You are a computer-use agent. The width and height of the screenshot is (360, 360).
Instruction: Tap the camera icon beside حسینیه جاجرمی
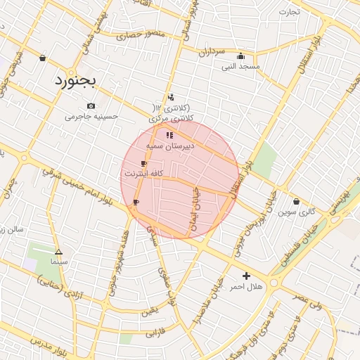[x=91, y=106]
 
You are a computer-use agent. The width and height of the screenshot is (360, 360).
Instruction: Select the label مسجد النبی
[x=240, y=67]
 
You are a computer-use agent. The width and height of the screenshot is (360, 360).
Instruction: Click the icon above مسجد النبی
[x=241, y=56]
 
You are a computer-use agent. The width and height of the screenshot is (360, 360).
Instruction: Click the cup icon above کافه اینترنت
[x=143, y=163]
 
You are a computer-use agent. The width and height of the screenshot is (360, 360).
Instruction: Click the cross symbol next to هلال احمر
[x=246, y=276]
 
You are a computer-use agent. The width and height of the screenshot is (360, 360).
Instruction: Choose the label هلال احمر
[x=246, y=287]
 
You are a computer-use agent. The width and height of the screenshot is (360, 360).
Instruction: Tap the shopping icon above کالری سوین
[x=296, y=201]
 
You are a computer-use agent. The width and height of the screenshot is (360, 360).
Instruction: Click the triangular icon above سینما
[x=58, y=251]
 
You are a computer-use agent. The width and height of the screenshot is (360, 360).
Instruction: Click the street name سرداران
[x=210, y=52]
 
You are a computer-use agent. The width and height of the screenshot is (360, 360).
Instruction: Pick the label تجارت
[x=288, y=12]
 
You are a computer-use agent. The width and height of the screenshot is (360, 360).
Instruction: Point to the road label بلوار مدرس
[x=51, y=349]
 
